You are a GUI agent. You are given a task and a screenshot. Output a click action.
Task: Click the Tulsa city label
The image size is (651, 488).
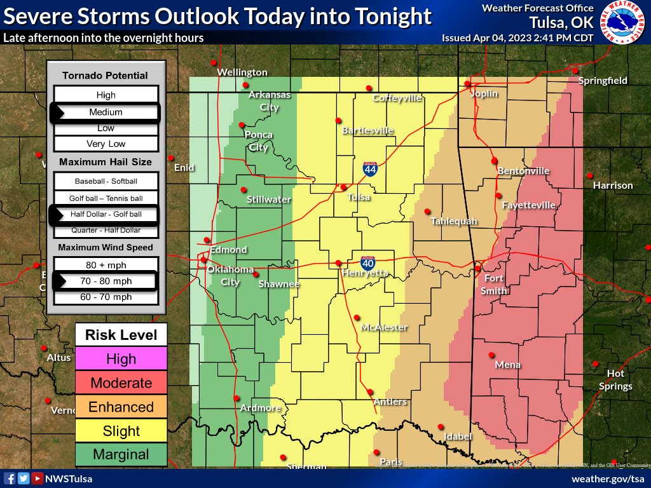[x=359, y=198]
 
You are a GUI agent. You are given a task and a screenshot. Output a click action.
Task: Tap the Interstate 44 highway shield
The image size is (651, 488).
[x=370, y=169]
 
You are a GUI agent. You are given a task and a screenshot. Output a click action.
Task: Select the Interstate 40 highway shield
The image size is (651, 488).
[x=367, y=262]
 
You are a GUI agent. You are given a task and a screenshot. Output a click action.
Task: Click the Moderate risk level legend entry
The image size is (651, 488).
[x=121, y=383]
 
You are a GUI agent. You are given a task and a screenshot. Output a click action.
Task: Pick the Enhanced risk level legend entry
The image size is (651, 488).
[x=121, y=407]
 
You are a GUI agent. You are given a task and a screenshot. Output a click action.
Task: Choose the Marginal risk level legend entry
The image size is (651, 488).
[x=121, y=454]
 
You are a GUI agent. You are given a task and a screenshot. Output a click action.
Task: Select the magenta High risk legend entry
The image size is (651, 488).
[x=121, y=359]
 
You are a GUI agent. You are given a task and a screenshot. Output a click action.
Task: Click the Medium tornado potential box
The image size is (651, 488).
[x=106, y=112]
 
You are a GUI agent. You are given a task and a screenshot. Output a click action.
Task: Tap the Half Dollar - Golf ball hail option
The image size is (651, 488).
[x=106, y=215]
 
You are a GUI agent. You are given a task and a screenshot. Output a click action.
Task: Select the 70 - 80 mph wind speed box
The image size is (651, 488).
[x=106, y=281]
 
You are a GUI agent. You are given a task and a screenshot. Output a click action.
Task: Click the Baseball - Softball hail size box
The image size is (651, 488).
[x=106, y=181]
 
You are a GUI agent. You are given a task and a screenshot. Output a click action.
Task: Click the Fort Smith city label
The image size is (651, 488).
[x=494, y=285]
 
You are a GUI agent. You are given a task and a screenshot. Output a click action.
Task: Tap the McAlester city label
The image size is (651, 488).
[x=383, y=327]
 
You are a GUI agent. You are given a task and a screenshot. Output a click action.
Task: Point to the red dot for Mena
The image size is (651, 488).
[x=491, y=355]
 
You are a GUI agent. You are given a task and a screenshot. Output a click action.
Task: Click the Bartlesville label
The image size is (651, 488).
[x=367, y=130]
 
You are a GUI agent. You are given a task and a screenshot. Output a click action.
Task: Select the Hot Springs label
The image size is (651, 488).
[x=615, y=380]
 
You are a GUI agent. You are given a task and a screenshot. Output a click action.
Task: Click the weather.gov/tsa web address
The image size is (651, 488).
[x=608, y=478]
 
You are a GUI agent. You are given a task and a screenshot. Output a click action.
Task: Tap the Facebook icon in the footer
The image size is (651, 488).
[x=10, y=478]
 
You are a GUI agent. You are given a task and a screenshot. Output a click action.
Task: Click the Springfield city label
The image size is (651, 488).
[x=603, y=81]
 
